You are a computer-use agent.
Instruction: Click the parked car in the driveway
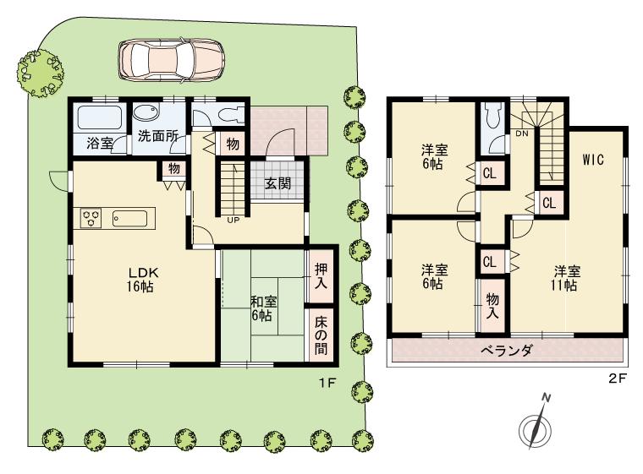(171, 59)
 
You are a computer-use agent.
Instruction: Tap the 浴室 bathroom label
(100, 142)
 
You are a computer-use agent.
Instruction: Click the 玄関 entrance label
(278, 183)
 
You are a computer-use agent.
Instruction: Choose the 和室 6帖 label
(261, 308)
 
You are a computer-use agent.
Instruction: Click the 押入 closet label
(321, 277)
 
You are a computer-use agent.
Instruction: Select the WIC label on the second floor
(592, 161)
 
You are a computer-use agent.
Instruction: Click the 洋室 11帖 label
(566, 278)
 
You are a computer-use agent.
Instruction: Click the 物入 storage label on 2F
(491, 306)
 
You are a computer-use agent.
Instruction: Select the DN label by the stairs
(523, 133)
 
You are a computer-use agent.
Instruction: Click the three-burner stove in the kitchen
(91, 218)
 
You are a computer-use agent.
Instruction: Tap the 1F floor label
(327, 383)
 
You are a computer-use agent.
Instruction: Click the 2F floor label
(617, 379)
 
